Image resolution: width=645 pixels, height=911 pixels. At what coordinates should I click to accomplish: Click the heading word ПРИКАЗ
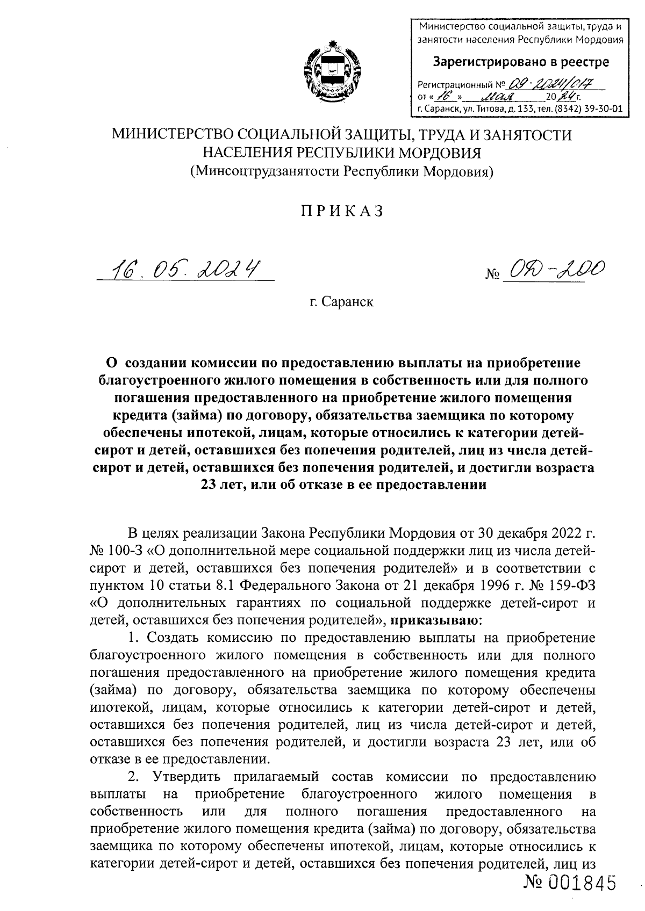coord(342,212)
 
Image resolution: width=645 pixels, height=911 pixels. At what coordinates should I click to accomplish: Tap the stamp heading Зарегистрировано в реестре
coord(521,62)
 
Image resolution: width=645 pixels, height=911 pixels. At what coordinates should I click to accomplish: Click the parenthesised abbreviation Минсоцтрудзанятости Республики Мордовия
coord(342,172)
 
